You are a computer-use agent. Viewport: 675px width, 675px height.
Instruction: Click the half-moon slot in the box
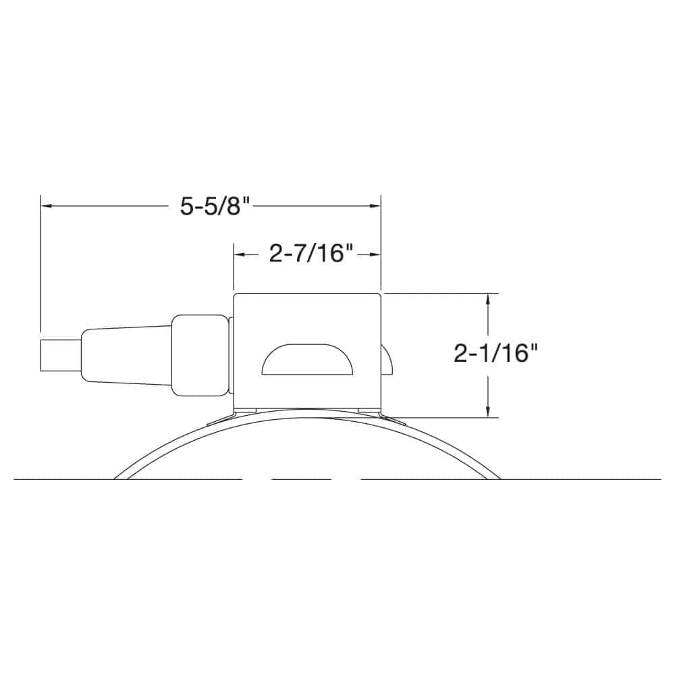pos(308,359)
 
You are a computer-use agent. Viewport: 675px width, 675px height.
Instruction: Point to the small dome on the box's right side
pos(386,360)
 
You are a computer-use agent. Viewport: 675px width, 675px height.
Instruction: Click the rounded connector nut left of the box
pos(200,356)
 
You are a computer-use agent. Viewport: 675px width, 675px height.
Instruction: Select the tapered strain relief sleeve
pos(126,355)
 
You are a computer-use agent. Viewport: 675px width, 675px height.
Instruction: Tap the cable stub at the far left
pos(60,355)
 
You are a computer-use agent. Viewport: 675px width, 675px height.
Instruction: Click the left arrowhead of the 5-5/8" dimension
pos(47,206)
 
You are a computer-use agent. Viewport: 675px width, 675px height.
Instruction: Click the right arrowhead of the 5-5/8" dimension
pos(375,206)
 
